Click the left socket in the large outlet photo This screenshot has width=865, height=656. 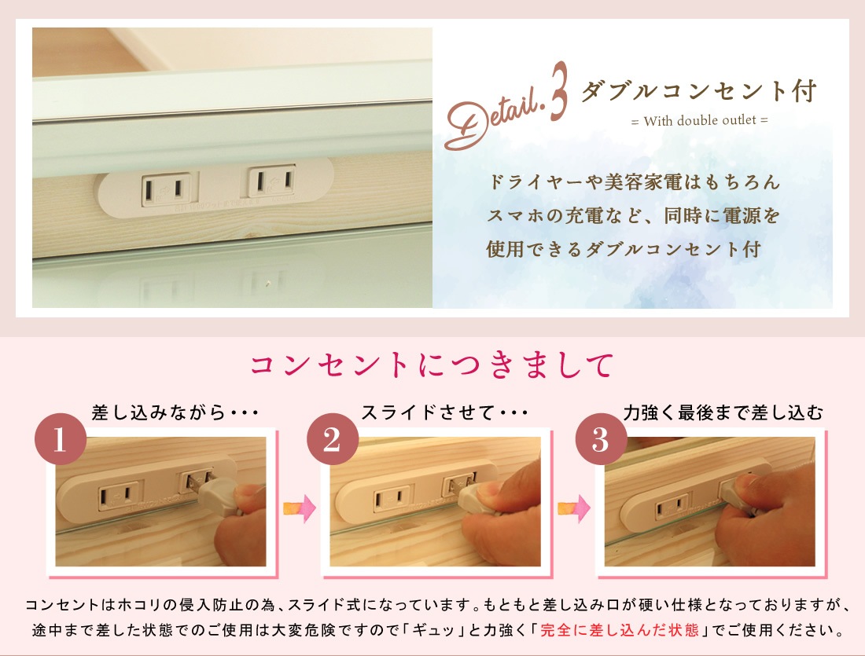(x=167, y=189)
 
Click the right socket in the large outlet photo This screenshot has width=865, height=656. (x=272, y=181)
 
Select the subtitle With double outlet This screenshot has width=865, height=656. (x=700, y=121)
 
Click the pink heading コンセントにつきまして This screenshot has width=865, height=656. (x=432, y=365)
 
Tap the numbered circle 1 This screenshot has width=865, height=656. (x=60, y=439)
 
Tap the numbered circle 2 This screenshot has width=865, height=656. (x=332, y=439)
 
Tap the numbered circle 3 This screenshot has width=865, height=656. (x=601, y=439)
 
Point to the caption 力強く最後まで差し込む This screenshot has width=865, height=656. (x=723, y=412)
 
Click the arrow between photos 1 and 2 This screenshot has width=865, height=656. (x=300, y=508)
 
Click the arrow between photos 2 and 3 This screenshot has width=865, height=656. (x=573, y=508)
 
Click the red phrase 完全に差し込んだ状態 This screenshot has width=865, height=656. (x=619, y=630)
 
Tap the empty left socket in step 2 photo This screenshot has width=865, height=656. (x=392, y=500)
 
